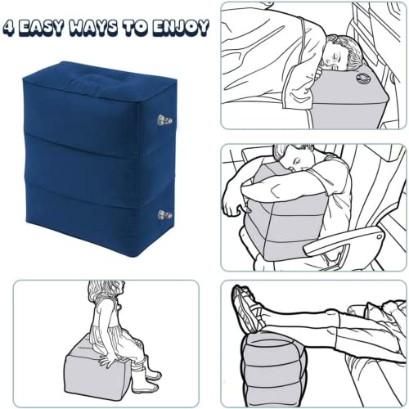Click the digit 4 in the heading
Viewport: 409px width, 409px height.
pyautogui.click(x=8, y=28)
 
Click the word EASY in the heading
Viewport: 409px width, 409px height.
pyautogui.click(x=40, y=28)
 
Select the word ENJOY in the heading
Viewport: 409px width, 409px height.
pyautogui.click(x=181, y=28)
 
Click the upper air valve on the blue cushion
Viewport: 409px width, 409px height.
pyautogui.click(x=164, y=119)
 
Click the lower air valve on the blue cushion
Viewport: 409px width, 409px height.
pyautogui.click(x=164, y=215)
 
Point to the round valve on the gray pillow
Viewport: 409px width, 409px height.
pyautogui.click(x=362, y=79)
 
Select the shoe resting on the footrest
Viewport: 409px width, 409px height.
pyautogui.click(x=248, y=308)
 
